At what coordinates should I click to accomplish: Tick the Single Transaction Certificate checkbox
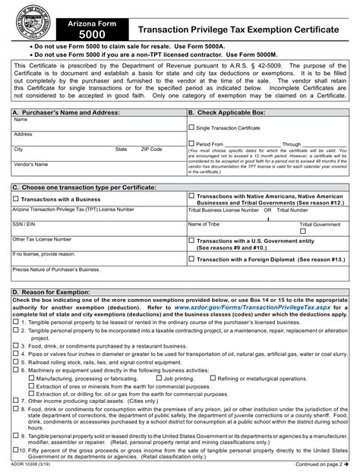click(191, 128)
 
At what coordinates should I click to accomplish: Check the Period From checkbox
click(191, 143)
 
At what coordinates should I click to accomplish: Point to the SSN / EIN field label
click(24, 225)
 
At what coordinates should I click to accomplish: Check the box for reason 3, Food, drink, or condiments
click(15, 335)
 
